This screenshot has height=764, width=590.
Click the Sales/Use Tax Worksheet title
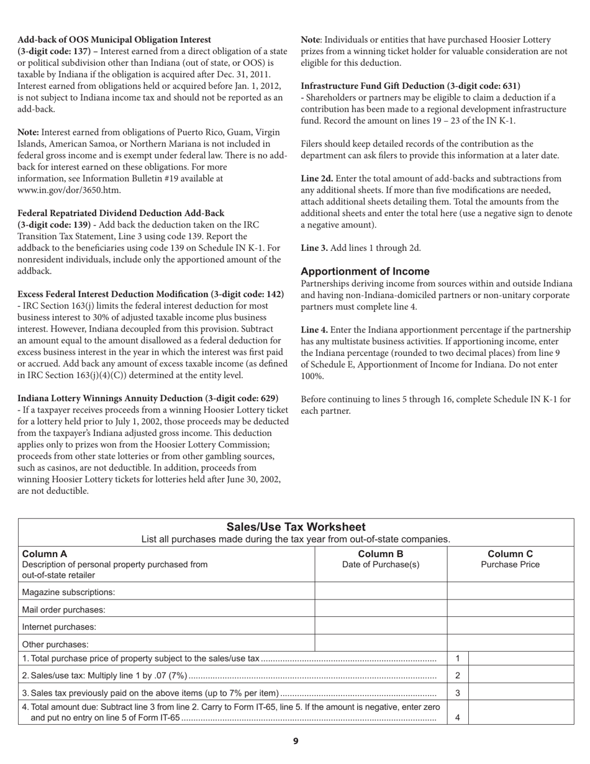click(296, 527)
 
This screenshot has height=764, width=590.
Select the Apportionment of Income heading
click(365, 271)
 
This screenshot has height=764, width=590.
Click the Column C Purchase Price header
click(510, 559)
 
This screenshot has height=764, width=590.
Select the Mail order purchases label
click(63, 609)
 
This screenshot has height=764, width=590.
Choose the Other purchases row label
click(55, 644)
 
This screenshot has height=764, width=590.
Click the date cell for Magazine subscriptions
click(381, 591)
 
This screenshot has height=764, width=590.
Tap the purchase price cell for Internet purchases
click(510, 626)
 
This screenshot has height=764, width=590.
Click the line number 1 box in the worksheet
click(458, 658)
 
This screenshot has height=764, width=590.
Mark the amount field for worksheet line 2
click(520, 675)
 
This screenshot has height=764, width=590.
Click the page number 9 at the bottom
click(296, 741)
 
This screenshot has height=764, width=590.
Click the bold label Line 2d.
click(317, 178)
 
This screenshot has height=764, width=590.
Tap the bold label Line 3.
click(313, 248)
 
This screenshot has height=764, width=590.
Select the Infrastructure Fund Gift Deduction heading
click(411, 86)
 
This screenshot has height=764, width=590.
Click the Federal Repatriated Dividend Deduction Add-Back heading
click(121, 213)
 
